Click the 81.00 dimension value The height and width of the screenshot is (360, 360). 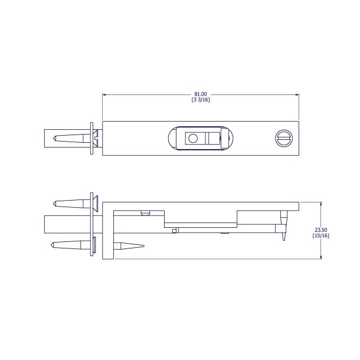[x=201, y=94]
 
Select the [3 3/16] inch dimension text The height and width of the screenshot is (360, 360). [x=201, y=100]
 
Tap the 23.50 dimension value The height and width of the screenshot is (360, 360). [x=321, y=230]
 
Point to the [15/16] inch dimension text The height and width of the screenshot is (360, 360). [x=321, y=235]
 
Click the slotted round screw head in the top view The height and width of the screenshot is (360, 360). [x=284, y=138]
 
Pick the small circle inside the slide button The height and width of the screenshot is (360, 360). [x=192, y=138]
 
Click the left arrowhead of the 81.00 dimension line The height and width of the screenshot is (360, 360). [x=104, y=94]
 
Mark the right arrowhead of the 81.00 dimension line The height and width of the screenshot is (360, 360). [x=297, y=94]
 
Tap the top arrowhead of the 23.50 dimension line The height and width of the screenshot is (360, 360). [x=321, y=204]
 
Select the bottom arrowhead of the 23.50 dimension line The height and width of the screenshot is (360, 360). [x=321, y=257]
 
